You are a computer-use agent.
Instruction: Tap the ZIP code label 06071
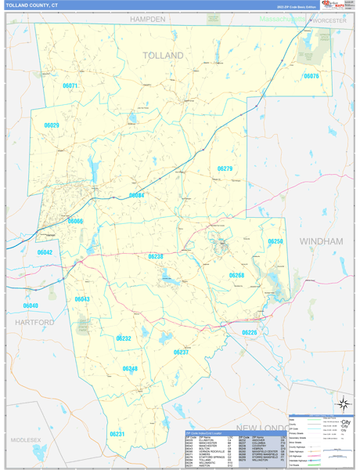[70, 85]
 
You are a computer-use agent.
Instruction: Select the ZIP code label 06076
[311, 76]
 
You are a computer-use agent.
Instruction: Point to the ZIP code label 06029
[52, 125]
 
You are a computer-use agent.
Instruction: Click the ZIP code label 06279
[225, 168]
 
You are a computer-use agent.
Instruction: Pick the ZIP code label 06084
[137, 196]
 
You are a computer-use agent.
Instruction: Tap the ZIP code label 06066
[75, 222]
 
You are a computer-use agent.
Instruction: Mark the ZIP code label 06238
[155, 256]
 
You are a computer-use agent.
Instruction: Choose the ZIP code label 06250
[275, 242]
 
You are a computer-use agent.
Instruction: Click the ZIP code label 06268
[236, 275]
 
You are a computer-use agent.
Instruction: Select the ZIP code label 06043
[82, 299]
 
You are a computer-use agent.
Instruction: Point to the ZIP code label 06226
[249, 333]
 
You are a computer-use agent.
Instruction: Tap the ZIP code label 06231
[117, 433]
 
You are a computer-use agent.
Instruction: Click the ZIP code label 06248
[130, 368]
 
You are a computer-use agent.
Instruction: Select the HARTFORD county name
[34, 322]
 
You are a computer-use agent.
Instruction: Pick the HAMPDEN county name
[148, 19]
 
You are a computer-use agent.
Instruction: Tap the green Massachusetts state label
[283, 18]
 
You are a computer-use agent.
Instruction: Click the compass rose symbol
[342, 404]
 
